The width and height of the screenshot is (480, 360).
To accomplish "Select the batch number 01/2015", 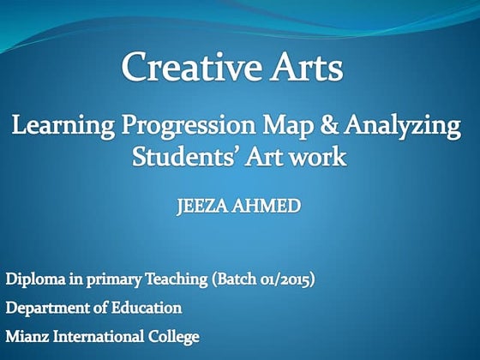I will (x=282, y=280).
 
